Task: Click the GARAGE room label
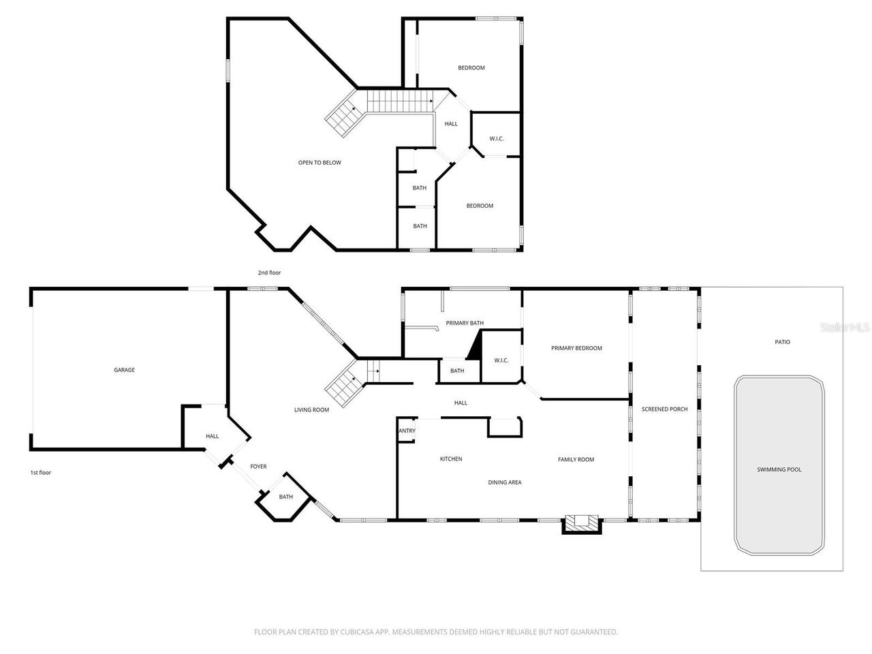pyautogui.click(x=124, y=370)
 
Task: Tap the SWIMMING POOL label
pyautogui.click(x=779, y=469)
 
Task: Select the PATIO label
pyautogui.click(x=782, y=342)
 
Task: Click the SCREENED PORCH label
pyautogui.click(x=664, y=409)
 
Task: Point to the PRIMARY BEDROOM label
pyautogui.click(x=576, y=348)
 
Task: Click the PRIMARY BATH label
pyautogui.click(x=465, y=323)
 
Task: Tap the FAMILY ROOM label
pyautogui.click(x=576, y=460)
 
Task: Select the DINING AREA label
pyautogui.click(x=504, y=482)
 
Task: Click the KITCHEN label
pyautogui.click(x=450, y=459)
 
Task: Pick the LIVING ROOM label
pyautogui.click(x=311, y=410)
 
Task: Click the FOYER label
pyautogui.click(x=258, y=467)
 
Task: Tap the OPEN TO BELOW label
pyautogui.click(x=320, y=163)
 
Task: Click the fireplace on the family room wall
pyautogui.click(x=581, y=523)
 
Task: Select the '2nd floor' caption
pyautogui.click(x=268, y=272)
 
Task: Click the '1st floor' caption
pyautogui.click(x=40, y=472)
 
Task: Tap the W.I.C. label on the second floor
pyautogui.click(x=496, y=139)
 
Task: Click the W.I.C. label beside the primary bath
pyautogui.click(x=501, y=360)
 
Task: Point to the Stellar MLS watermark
pyautogui.click(x=845, y=328)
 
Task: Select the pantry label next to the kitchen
pyautogui.click(x=407, y=431)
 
